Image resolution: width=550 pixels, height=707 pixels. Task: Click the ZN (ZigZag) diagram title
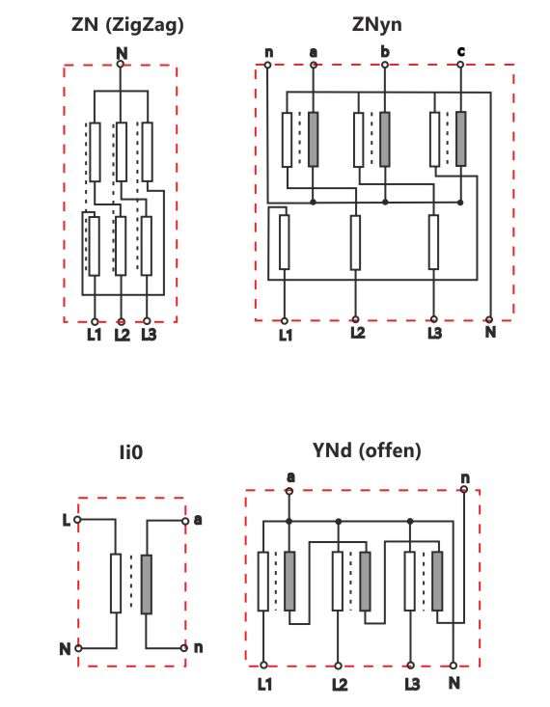tap(127, 25)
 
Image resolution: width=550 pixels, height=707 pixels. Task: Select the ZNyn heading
tap(376, 24)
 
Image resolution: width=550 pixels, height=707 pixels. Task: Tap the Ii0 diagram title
tap(131, 451)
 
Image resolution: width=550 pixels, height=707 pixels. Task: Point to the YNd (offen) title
tap(367, 450)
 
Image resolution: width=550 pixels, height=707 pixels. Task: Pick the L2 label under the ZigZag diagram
tap(122, 335)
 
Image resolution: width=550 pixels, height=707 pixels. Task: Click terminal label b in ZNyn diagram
tap(384, 52)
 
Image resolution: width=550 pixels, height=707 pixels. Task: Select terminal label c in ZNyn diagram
tap(460, 51)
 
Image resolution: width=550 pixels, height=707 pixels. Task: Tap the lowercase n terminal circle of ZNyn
tap(267, 65)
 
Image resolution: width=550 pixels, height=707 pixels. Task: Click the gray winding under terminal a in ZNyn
tap(314, 139)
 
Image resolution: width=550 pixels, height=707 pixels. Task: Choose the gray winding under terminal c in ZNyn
tap(460, 139)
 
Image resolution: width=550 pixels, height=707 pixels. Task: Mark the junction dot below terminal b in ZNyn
tap(385, 203)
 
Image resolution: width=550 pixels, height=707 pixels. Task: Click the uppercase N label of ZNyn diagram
tap(490, 333)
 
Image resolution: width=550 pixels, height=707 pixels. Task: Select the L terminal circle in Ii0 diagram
tap(77, 520)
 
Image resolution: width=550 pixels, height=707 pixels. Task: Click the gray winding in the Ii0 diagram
tap(147, 585)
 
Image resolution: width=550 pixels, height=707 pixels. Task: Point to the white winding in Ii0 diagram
tap(116, 584)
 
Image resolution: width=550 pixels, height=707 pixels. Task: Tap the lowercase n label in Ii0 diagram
tap(198, 648)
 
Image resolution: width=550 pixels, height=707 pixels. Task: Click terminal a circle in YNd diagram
tap(289, 492)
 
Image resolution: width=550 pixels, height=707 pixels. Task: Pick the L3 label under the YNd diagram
tap(412, 685)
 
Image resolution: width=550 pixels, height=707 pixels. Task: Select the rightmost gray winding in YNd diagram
tap(437, 582)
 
